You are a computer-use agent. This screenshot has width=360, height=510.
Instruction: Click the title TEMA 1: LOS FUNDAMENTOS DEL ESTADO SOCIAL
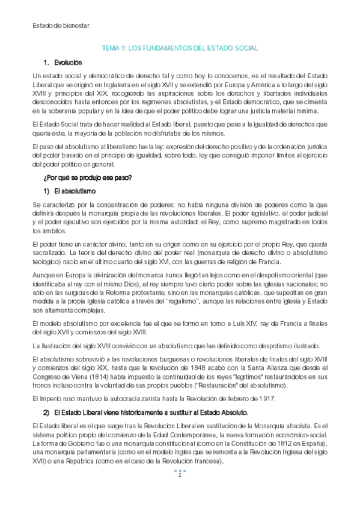click(x=180, y=48)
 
